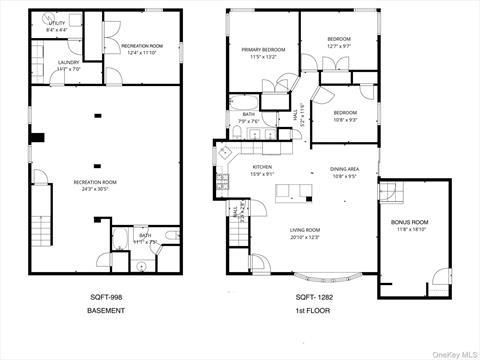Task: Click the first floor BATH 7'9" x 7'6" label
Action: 248,118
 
